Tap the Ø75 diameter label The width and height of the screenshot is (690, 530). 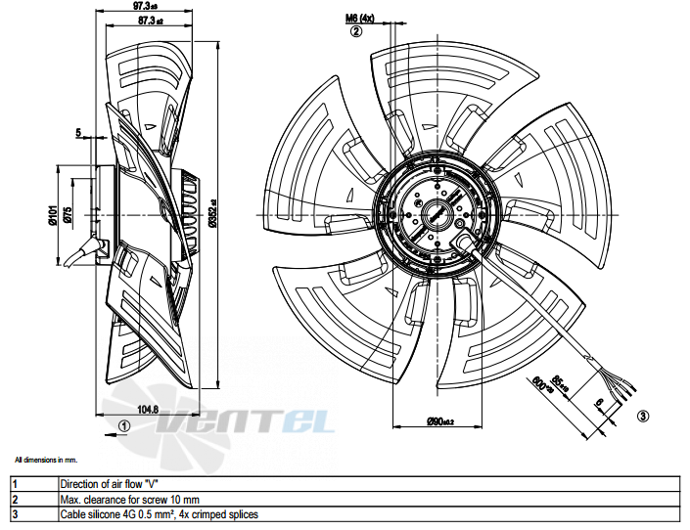point(67,215)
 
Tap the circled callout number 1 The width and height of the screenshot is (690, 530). point(123,425)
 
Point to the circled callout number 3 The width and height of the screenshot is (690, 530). point(642,417)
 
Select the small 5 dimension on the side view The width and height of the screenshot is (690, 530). point(77,131)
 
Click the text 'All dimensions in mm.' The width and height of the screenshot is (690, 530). point(46,459)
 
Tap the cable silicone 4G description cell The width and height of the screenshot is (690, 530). point(159,514)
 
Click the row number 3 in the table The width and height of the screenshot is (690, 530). point(15,514)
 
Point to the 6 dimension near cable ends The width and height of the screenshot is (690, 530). point(597,403)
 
